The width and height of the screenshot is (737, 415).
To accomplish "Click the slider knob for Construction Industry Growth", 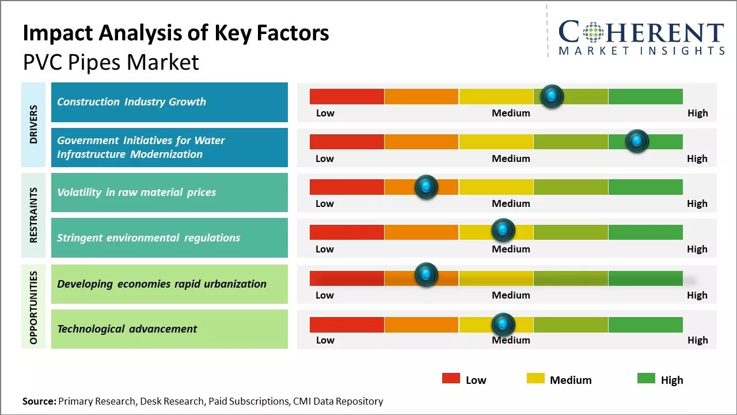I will pos(552,96).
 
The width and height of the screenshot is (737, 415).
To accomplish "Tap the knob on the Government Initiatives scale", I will pos(637,141).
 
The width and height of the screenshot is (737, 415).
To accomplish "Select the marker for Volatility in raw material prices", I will pos(426,187).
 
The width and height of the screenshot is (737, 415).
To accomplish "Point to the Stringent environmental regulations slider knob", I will pos(503,231).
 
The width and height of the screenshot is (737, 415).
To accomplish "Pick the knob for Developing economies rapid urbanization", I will pos(426,276).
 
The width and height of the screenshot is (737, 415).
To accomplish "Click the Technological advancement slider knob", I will pos(503,325).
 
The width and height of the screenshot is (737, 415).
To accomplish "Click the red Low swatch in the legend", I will pos(451,379).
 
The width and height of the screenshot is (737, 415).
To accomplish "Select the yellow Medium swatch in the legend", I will pos(535,379).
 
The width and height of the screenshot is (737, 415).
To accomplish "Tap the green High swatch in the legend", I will pos(646,379).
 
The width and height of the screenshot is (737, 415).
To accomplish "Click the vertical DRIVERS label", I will pos(33,124).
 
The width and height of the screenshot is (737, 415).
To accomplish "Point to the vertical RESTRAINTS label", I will pos(33,215).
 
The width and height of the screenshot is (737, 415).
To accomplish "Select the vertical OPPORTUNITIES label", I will pos(33,307).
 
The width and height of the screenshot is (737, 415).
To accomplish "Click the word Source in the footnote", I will pos(39,401).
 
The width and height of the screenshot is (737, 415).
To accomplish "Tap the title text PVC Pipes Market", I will pos(111,62).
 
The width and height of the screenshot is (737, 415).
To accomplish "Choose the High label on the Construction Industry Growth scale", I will pos(697,113).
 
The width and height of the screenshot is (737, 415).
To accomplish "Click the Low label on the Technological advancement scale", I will pos(325,340).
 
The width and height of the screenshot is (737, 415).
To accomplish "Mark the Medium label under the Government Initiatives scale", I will pos(511,159).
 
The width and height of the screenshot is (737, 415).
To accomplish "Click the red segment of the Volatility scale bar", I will pos(347,187).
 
